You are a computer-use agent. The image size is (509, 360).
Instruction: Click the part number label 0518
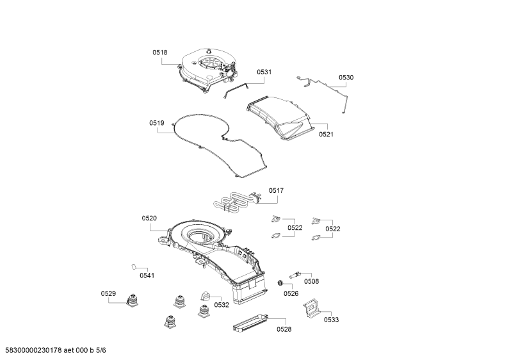[x=160, y=53]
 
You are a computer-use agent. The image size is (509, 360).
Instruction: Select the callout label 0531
[x=264, y=72]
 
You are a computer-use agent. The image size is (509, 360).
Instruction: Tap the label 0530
[x=346, y=78]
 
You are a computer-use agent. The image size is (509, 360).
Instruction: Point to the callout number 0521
[x=327, y=134]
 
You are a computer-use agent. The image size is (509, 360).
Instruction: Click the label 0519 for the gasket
[x=157, y=123]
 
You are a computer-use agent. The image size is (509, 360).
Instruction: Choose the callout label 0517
[x=276, y=191]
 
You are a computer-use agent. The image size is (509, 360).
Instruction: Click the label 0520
[x=149, y=218]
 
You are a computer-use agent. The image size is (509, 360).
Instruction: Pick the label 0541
[x=147, y=275]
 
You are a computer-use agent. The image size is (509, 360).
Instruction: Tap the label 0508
[x=311, y=281]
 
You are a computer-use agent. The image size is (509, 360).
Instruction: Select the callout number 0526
[x=291, y=294]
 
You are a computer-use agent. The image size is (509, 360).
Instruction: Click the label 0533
[x=332, y=320]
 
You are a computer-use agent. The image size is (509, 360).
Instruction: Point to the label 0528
[x=284, y=329]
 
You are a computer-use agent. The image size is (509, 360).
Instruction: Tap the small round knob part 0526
[x=280, y=283]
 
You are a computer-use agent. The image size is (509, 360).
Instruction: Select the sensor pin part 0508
[x=295, y=275]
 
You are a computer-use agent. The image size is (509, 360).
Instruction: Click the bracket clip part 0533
[x=312, y=308]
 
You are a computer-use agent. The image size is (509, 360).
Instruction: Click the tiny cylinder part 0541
[x=133, y=266]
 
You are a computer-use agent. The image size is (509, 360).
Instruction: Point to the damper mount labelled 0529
[x=132, y=300]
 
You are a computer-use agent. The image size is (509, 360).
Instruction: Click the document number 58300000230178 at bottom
[x=31, y=350]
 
